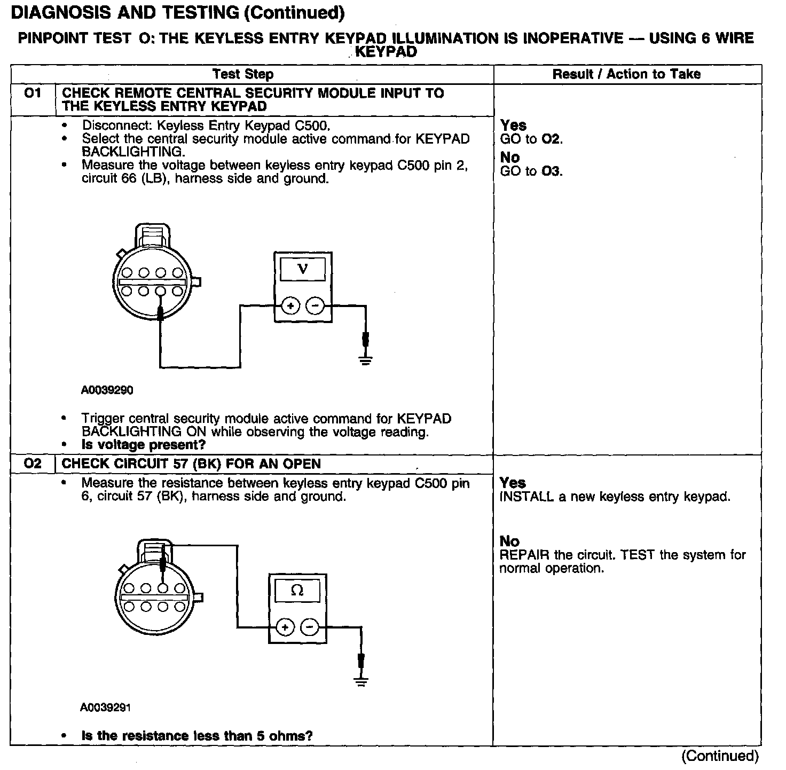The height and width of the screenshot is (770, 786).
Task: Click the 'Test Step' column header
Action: (x=243, y=74)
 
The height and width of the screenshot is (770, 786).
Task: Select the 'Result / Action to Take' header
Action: (x=626, y=74)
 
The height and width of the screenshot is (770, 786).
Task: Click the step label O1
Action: (x=33, y=93)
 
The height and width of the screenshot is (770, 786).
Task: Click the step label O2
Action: (x=33, y=463)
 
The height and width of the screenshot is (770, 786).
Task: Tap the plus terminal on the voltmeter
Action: (x=290, y=306)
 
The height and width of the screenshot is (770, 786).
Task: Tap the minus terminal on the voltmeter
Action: (x=315, y=306)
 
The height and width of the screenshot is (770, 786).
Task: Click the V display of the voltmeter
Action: (x=303, y=269)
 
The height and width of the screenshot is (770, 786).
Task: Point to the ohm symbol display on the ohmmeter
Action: (x=297, y=591)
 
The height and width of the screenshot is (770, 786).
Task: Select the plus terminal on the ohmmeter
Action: (x=285, y=627)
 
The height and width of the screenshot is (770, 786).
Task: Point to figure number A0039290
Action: (x=107, y=390)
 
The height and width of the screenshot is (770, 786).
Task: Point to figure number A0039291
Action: (x=106, y=708)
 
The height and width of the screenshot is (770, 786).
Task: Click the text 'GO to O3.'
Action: (x=531, y=171)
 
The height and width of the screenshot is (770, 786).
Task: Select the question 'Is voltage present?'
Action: (x=144, y=445)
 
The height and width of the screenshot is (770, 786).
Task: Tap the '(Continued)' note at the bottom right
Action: (x=720, y=756)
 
